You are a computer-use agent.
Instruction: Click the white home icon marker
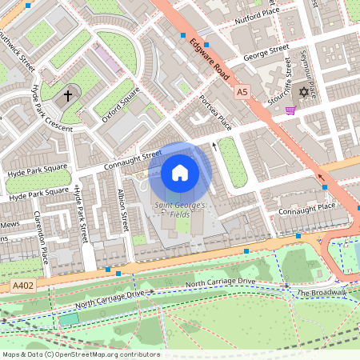(x=180, y=173)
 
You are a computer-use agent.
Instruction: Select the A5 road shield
(x=242, y=93)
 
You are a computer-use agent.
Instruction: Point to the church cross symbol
(x=68, y=95)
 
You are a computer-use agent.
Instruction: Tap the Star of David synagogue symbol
(x=303, y=92)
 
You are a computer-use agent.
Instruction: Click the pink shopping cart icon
(x=290, y=110)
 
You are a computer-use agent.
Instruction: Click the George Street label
(x=266, y=52)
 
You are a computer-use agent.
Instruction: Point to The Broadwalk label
(x=322, y=293)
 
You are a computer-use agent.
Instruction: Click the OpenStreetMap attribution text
(x=80, y=354)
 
